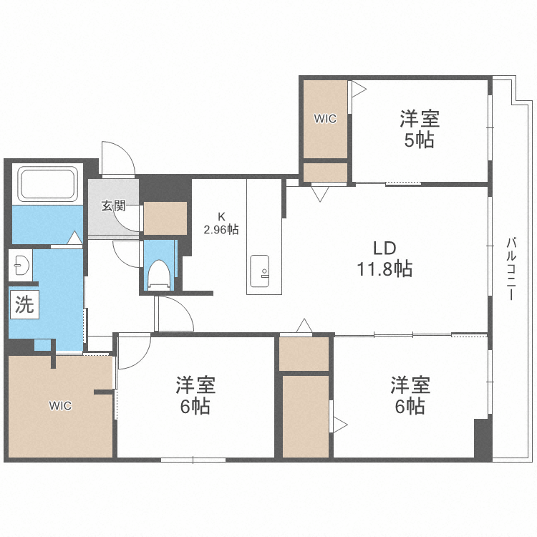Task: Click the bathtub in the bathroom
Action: (47, 184)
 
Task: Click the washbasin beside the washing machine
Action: (19, 266)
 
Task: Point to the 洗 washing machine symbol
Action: (24, 306)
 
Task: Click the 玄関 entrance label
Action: (113, 206)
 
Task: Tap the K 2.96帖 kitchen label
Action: (221, 223)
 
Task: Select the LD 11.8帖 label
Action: (384, 258)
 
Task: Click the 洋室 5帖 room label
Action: (419, 128)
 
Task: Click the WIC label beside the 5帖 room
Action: (325, 119)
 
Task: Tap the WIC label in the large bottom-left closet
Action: (60, 406)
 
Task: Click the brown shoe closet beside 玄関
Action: (165, 218)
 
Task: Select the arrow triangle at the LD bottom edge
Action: (304, 327)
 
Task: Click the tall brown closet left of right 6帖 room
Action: (305, 415)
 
